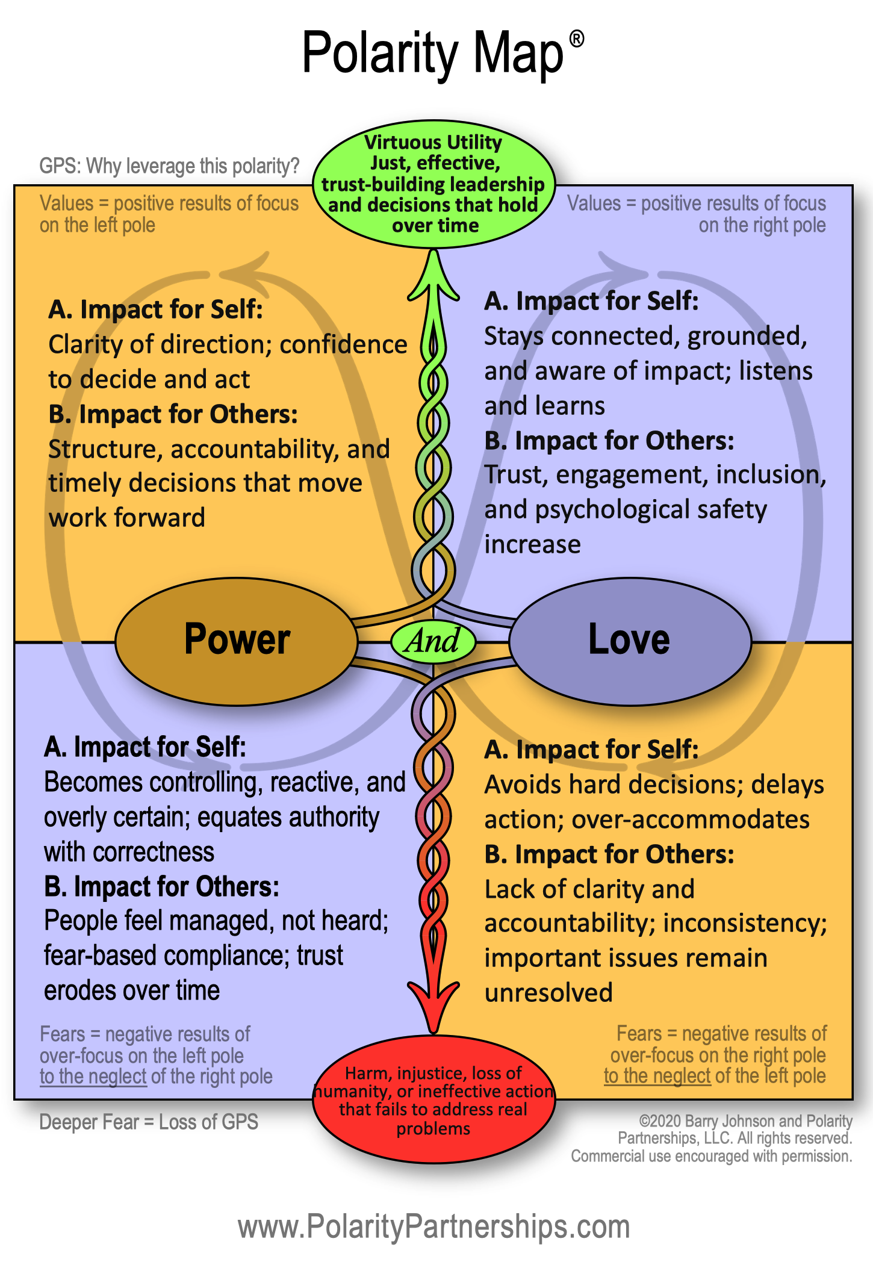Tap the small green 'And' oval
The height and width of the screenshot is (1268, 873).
click(433, 641)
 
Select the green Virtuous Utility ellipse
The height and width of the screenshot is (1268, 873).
click(433, 184)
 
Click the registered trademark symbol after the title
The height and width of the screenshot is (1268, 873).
click(577, 40)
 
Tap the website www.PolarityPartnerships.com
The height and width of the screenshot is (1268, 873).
click(433, 1226)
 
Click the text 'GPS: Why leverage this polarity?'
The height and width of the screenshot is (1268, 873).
click(169, 166)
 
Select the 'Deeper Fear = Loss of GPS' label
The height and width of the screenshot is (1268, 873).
click(149, 1122)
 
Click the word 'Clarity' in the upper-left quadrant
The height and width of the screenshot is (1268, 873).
click(85, 345)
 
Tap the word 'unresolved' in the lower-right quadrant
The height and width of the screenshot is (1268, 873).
click(548, 993)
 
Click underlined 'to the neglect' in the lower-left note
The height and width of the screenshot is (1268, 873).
click(93, 1077)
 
